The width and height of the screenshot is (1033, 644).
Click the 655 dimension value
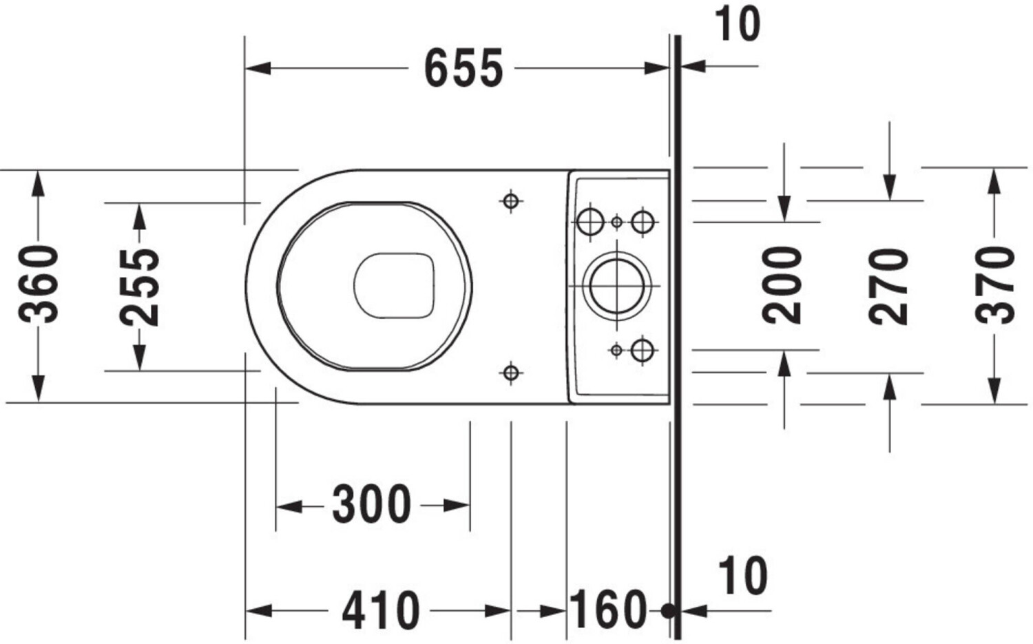463,68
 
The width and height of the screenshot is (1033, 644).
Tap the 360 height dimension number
39,284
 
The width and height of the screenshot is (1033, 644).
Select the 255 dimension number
139,288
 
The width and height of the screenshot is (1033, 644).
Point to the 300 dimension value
371,504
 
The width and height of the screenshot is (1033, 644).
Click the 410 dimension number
381,610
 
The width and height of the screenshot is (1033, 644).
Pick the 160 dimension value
609,609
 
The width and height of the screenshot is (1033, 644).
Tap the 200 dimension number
782,285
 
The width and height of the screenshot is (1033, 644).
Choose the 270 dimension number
888,287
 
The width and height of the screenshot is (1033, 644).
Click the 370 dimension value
994,285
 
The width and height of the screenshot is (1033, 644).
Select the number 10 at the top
738,24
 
